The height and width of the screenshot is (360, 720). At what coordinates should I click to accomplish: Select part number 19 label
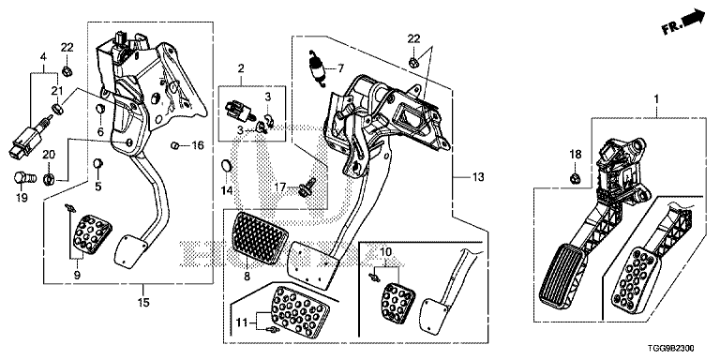22,198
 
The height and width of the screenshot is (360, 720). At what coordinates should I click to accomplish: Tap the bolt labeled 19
22,177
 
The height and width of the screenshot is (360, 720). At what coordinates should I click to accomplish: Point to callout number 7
340,68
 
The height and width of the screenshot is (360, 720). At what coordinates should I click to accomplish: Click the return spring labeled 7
318,67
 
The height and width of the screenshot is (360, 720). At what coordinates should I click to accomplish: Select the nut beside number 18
574,178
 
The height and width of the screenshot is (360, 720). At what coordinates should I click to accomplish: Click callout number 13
477,177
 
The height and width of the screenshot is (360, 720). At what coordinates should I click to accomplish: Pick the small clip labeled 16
175,146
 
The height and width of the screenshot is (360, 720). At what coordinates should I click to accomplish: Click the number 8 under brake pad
247,277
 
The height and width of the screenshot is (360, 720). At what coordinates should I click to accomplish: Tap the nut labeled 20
49,178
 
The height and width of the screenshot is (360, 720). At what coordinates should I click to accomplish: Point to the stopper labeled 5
97,162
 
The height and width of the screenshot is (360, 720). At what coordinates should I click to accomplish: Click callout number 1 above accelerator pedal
656,98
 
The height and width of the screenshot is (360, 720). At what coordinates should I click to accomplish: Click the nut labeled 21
58,110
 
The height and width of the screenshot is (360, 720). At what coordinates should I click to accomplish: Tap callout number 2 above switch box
241,68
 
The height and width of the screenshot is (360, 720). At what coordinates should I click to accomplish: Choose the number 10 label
385,251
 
